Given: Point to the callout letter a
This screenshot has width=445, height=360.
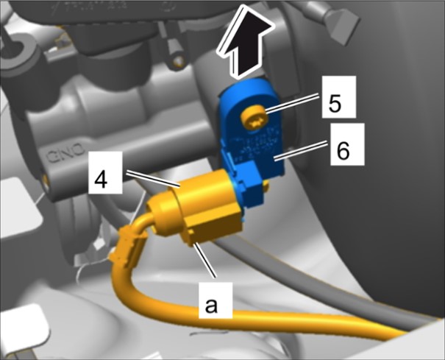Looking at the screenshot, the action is pyautogui.click(x=211, y=306).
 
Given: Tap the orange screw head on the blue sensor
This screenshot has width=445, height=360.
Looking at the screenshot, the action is pyautogui.click(x=254, y=119).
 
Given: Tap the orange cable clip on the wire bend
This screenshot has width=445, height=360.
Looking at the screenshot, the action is pyautogui.click(x=128, y=245).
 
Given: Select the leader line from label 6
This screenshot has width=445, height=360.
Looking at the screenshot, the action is pyautogui.click(x=303, y=152).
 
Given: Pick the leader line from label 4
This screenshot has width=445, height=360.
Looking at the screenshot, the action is pyautogui.click(x=153, y=180).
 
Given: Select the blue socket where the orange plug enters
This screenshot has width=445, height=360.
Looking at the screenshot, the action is pyautogui.click(x=246, y=184).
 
